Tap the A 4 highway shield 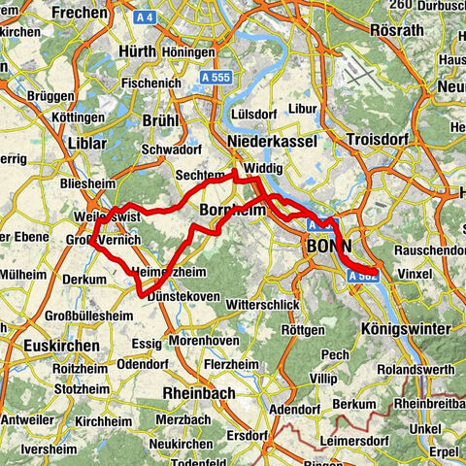[x=147, y=17]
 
